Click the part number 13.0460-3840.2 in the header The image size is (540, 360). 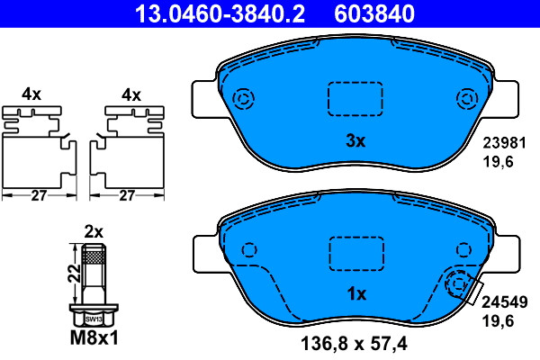pyautogui.click(x=220, y=13)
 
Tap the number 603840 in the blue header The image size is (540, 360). pyautogui.click(x=374, y=13)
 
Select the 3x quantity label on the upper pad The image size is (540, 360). pyautogui.click(x=355, y=140)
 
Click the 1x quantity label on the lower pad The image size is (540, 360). pyautogui.click(x=356, y=294)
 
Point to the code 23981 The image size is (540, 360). pyautogui.click(x=505, y=142)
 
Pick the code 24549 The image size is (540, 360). pyautogui.click(x=505, y=302)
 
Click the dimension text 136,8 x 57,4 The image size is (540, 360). pyautogui.click(x=354, y=344)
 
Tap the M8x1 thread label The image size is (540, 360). pyautogui.click(x=94, y=338)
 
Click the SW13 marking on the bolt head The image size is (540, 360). pyautogui.click(x=94, y=319)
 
